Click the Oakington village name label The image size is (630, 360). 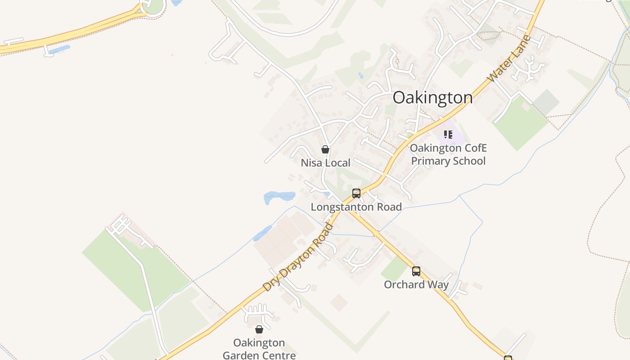(x=432, y=98)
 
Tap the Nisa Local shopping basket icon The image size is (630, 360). (x=325, y=149)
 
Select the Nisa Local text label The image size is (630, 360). (x=325, y=163)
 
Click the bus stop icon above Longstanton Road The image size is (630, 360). (x=356, y=193)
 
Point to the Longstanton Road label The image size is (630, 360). (x=356, y=207)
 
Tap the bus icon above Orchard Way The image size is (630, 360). (x=416, y=271)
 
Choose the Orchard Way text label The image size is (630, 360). (x=416, y=285)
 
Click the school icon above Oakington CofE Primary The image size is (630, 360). (x=448, y=134)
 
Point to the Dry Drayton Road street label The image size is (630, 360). (x=298, y=257)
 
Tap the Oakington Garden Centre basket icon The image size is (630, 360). (x=259, y=329)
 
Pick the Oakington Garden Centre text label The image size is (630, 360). (x=259, y=349)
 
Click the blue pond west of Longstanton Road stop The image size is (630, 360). (x=279, y=197)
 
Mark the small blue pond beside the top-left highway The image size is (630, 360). (x=59, y=49)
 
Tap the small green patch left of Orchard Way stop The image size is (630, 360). (x=394, y=269)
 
